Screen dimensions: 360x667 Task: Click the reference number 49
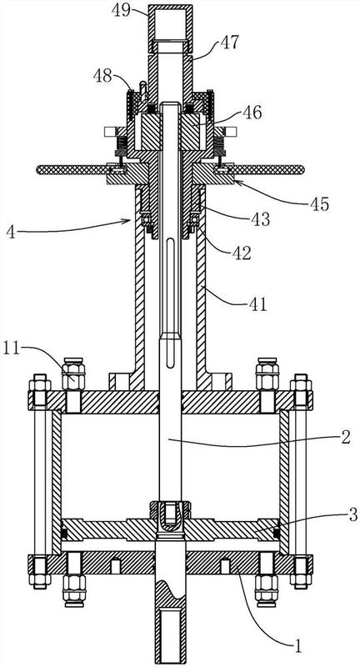click(121, 9)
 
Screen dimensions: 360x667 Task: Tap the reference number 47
click(230, 43)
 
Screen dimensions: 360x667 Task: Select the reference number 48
click(102, 76)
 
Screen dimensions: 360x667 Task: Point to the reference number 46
click(252, 113)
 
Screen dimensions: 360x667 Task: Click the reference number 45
click(319, 204)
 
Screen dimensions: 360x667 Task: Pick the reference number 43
click(260, 219)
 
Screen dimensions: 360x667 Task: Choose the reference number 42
click(242, 253)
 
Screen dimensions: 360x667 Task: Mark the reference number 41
click(257, 303)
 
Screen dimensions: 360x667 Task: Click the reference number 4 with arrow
click(11, 233)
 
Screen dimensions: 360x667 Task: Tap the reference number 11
click(12, 349)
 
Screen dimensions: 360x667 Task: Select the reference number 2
click(346, 437)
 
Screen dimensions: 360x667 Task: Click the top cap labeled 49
click(170, 23)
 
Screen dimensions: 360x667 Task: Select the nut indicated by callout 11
click(73, 374)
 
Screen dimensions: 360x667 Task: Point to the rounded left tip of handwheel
click(39, 169)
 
